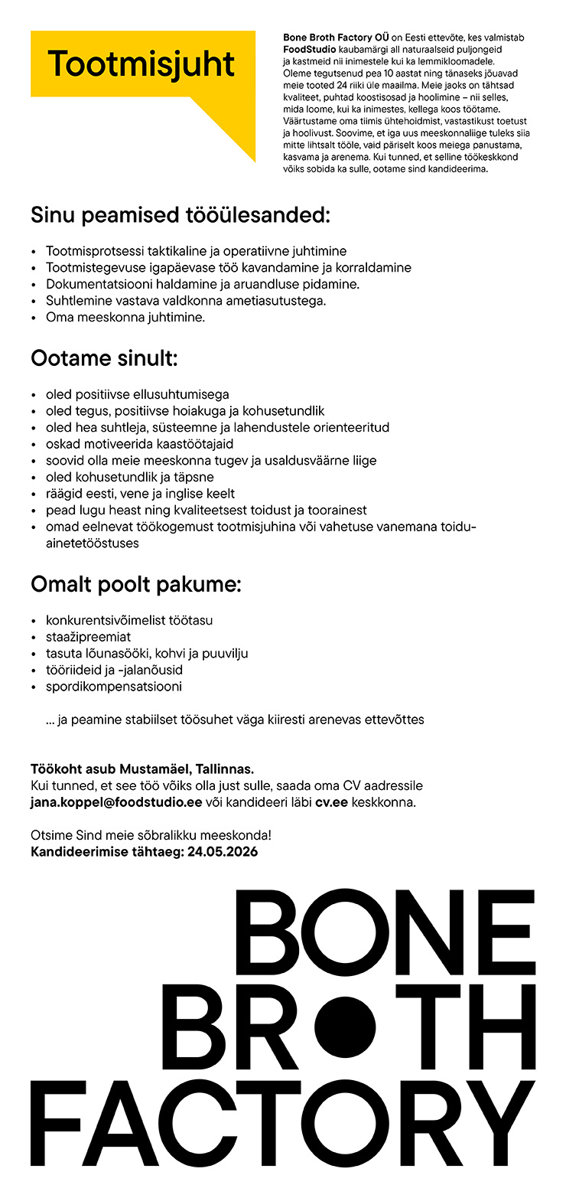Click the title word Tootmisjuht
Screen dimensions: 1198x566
(141, 64)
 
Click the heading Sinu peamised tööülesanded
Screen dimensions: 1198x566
(181, 215)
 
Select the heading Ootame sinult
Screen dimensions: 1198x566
(104, 358)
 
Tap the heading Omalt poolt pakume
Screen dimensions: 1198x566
(136, 586)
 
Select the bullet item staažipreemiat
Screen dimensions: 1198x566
(88, 637)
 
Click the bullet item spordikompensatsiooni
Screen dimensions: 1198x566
(114, 687)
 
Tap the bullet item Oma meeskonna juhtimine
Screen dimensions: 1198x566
(125, 317)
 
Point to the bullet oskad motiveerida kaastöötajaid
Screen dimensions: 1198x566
(140, 444)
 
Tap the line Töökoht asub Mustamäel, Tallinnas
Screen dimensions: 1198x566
(142, 769)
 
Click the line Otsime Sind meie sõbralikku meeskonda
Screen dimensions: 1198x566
(151, 835)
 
